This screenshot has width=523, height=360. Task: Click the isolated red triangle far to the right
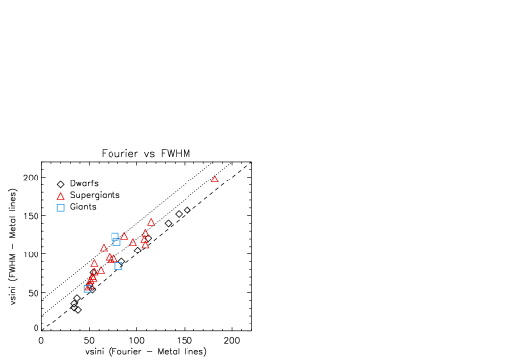(x=214, y=179)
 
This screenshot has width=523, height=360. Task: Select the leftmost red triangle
(x=60, y=196)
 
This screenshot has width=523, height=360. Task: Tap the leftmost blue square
(x=60, y=208)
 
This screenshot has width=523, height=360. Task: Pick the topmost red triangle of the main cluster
(x=151, y=222)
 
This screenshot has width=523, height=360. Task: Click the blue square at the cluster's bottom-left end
(x=87, y=289)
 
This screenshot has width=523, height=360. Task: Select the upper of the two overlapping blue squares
(x=114, y=236)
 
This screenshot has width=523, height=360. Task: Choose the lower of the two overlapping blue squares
(x=116, y=242)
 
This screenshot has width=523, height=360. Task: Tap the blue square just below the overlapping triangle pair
(x=118, y=266)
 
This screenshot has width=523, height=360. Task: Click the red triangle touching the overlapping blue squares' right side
(x=124, y=237)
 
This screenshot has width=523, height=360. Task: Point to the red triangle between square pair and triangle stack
(x=133, y=242)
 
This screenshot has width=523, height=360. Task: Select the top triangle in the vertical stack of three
(x=145, y=232)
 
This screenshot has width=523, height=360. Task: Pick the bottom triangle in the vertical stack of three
(x=145, y=245)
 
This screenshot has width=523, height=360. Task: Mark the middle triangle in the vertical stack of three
(x=144, y=239)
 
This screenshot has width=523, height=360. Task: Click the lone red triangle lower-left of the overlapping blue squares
(x=104, y=248)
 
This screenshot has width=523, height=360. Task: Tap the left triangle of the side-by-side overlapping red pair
(x=109, y=258)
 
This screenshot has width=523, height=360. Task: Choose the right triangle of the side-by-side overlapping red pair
(x=112, y=259)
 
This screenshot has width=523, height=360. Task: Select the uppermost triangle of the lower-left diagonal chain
(x=94, y=263)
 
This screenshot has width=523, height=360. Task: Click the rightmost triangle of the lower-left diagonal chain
(x=100, y=270)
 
